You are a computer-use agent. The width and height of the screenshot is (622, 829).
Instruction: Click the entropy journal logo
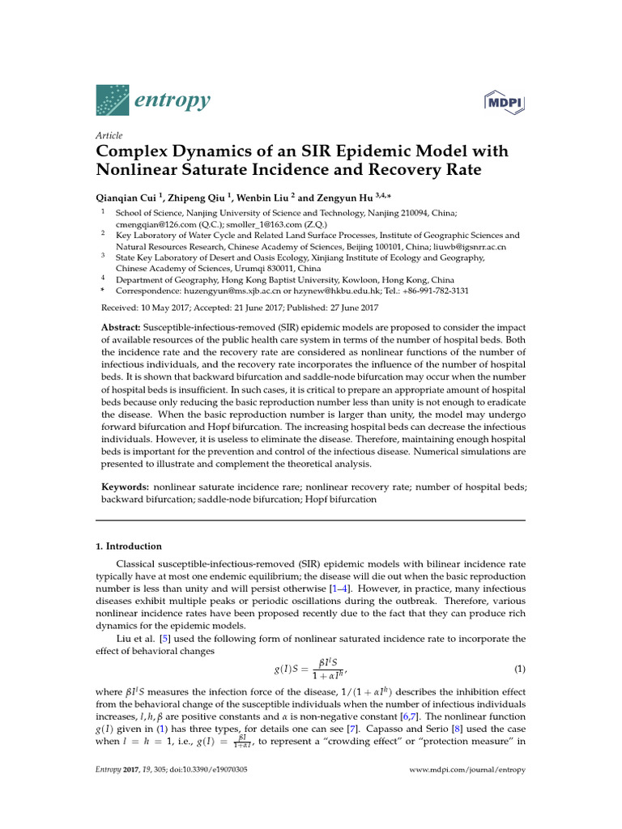tap(153, 100)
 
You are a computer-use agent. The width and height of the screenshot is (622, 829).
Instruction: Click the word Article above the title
tap(109, 135)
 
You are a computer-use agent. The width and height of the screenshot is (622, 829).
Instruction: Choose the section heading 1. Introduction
tap(129, 546)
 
